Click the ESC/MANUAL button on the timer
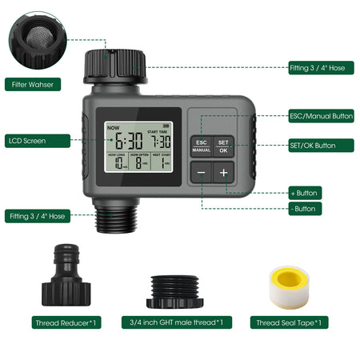201,145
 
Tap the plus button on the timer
223,172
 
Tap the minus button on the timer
201,172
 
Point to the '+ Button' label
305,193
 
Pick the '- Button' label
304,209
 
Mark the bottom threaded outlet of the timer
115,217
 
